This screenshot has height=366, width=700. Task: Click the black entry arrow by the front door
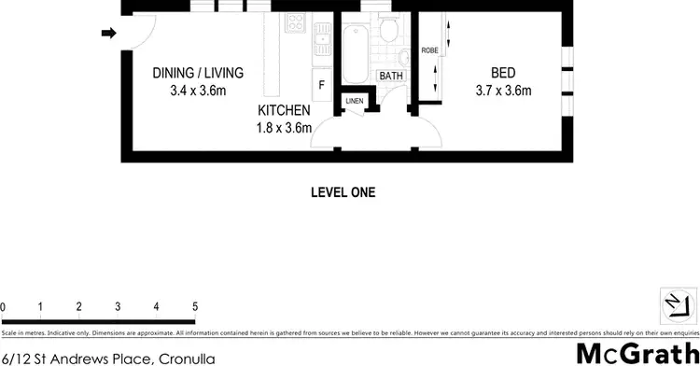click(x=108, y=35)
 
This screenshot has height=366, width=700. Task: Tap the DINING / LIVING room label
click(x=198, y=73)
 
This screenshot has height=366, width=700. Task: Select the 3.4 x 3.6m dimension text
click(x=198, y=91)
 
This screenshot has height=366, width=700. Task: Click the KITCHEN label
click(x=284, y=110)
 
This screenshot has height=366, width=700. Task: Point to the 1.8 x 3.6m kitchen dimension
click(x=284, y=128)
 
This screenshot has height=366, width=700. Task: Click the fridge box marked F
click(x=322, y=85)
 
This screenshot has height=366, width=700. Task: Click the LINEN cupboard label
click(x=355, y=101)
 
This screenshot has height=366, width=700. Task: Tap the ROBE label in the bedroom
click(x=430, y=50)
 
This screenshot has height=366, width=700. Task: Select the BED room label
click(x=502, y=73)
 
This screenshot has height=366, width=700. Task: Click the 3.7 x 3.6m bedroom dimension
click(x=502, y=91)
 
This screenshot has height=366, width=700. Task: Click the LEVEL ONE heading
click(x=343, y=193)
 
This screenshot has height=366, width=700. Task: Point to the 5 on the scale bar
click(x=195, y=306)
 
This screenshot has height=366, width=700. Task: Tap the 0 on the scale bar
click(x=4, y=306)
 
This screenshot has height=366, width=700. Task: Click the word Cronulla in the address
click(x=187, y=358)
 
